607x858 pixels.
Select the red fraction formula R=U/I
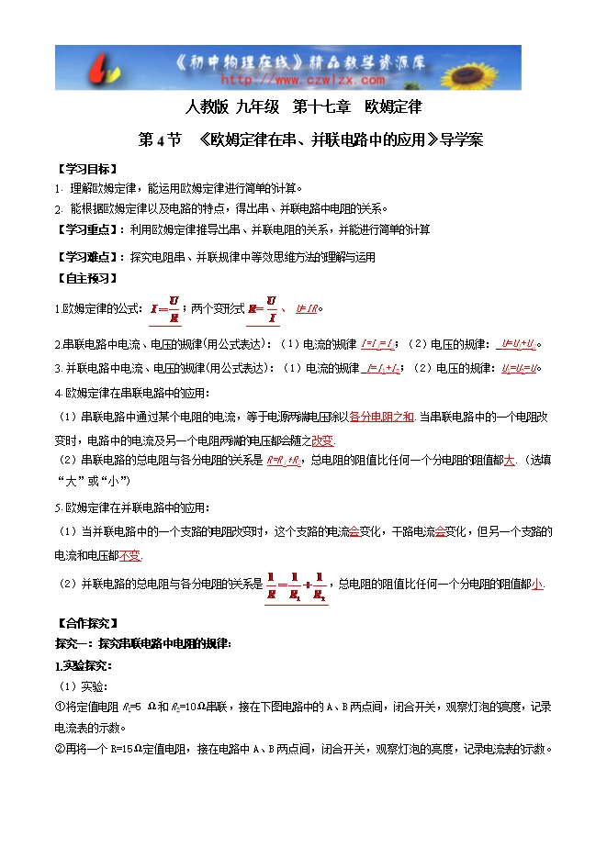coord(262,309)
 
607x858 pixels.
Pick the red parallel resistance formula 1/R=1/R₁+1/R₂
coord(294,584)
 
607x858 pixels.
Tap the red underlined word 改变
coord(323,440)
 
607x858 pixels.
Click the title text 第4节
coord(159,140)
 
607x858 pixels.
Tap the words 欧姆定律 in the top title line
coord(392,106)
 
